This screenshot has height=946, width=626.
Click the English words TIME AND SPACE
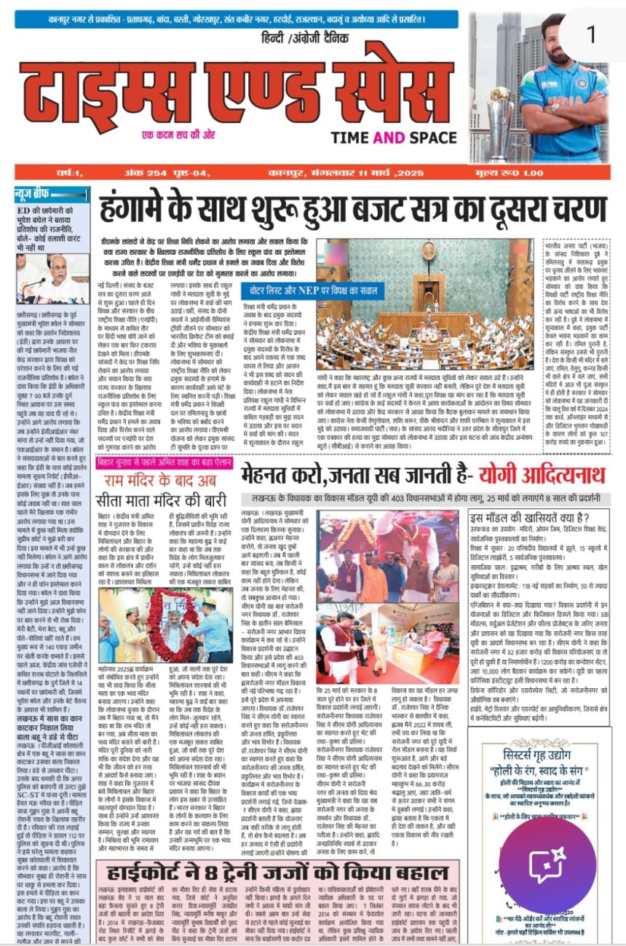coord(394,138)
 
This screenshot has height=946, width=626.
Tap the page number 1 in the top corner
coord(591,34)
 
